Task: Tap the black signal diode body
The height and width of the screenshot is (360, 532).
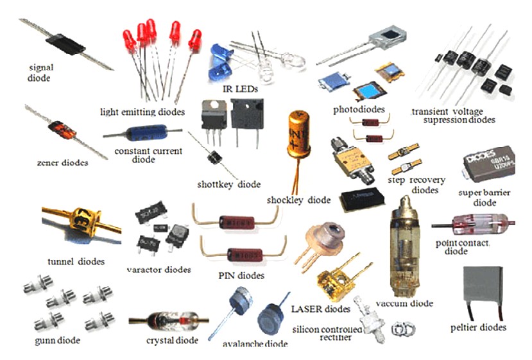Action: (66, 44)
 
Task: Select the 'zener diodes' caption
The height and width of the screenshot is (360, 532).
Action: (62, 162)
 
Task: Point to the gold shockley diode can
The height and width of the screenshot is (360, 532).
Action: (299, 137)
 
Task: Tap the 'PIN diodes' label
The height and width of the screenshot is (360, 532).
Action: (241, 276)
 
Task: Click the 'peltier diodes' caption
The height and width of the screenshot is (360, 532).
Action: (478, 327)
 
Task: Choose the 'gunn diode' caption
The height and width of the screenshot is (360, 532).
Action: (58, 340)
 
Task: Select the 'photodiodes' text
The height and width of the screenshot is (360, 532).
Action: (359, 109)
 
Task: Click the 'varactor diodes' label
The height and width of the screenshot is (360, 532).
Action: (159, 270)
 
